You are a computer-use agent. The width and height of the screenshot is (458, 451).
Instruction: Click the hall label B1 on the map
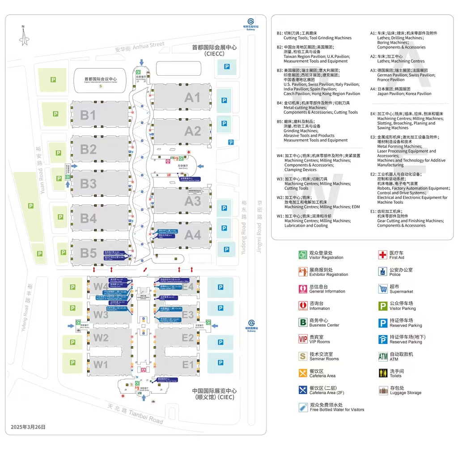88,116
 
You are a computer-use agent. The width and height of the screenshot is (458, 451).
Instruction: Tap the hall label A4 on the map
193,235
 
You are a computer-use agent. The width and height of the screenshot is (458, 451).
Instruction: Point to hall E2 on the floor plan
187,338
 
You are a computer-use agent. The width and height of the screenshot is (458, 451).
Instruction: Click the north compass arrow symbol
24,36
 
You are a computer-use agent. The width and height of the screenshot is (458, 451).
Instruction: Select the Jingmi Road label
259,233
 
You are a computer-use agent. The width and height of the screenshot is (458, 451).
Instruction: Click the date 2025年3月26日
28,427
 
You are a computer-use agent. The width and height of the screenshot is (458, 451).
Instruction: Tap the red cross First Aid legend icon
383,255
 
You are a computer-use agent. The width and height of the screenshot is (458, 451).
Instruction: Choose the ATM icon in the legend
383,357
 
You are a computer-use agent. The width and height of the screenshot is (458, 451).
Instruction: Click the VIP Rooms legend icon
303,339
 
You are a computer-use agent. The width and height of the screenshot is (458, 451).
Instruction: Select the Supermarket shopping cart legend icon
383,289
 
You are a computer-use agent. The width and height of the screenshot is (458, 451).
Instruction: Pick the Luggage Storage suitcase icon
383,391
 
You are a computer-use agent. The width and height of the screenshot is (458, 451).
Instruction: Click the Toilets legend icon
383,374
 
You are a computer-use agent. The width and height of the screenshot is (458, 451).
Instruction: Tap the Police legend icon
383,272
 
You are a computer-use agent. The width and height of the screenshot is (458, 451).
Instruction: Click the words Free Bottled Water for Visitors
337,410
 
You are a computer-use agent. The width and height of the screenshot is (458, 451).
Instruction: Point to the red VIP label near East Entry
169,175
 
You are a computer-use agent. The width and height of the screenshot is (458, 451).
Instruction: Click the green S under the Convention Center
100,86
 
